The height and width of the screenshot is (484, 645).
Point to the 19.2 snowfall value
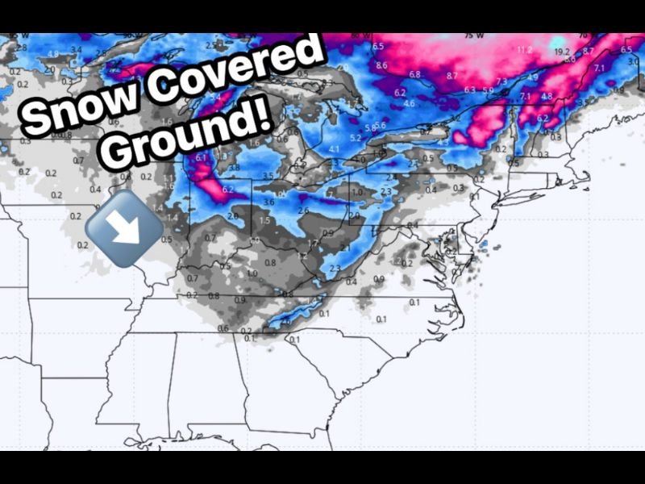click(562, 52)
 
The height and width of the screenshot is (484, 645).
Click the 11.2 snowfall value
click(524, 50)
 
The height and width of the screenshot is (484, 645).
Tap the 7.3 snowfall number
click(501, 82)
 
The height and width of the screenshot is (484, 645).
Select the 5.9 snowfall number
click(488, 90)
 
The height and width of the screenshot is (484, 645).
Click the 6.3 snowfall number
click(470, 90)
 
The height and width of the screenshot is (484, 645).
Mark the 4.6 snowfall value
click(410, 103)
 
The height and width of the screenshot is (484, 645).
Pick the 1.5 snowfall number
click(264, 220)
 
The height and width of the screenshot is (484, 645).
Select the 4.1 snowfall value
click(334, 149)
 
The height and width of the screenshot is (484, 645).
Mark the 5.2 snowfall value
click(356, 138)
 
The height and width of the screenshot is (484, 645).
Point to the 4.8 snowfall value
click(547, 97)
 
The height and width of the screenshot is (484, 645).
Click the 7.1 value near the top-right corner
click(599, 69)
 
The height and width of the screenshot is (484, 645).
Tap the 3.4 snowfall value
click(76, 50)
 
